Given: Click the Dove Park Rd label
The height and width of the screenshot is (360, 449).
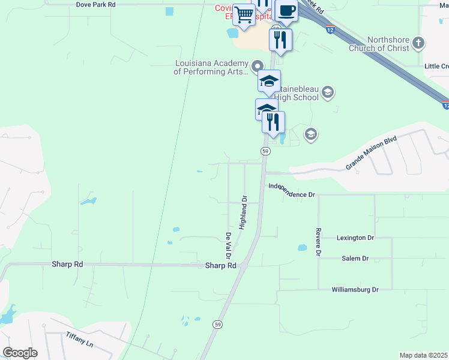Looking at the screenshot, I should click(95, 4).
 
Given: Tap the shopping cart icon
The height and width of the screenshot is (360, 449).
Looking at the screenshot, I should click(244, 14).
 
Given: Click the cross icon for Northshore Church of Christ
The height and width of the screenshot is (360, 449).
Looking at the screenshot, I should click(419, 43).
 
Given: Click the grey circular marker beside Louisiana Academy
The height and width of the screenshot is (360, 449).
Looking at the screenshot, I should click(258, 65).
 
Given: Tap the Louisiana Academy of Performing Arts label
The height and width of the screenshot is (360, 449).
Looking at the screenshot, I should click(211, 67).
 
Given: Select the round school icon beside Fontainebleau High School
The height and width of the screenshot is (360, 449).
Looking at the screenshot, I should click(327, 92).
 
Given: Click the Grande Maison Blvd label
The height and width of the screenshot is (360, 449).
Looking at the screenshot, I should click(372, 153).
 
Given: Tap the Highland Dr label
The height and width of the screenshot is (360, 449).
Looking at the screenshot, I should click(243, 212).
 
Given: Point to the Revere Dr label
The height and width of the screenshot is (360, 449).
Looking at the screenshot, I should click(318, 242).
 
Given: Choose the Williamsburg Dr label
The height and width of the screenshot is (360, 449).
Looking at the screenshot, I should click(355, 290).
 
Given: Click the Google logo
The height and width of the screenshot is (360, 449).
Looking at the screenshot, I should click(20, 353).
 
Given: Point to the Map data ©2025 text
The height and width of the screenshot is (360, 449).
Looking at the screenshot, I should click(423, 355).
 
